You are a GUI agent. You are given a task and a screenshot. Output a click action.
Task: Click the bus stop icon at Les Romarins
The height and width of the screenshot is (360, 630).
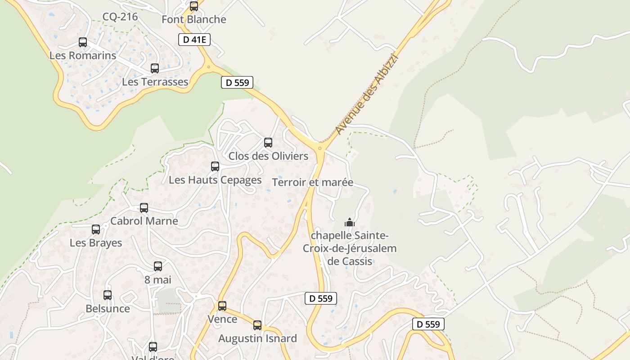(83, 42)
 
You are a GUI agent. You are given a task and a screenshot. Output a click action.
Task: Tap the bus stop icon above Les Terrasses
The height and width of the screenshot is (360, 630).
(155, 68)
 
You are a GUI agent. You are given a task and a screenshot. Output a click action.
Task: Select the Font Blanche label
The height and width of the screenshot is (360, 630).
(193, 20)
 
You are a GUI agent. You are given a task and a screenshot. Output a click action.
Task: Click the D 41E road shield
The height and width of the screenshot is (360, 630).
(194, 40)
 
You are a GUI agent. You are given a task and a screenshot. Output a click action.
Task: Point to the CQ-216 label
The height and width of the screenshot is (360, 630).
(120, 17)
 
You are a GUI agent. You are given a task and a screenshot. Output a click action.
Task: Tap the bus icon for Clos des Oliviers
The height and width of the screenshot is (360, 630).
(268, 143)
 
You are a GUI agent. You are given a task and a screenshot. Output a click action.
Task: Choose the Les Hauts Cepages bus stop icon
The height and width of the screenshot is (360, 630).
(215, 166)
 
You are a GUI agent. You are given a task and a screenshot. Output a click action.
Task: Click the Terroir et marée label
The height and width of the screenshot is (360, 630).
(313, 183)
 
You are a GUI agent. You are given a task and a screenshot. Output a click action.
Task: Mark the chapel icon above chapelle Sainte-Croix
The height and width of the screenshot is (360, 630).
(349, 222)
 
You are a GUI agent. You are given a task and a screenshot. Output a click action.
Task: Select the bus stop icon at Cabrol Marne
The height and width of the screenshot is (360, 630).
(144, 208)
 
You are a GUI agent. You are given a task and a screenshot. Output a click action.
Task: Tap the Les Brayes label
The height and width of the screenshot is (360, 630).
(96, 243)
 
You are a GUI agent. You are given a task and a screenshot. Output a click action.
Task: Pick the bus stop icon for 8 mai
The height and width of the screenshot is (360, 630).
(158, 266)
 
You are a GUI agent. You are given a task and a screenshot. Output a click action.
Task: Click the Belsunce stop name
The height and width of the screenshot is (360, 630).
(108, 309)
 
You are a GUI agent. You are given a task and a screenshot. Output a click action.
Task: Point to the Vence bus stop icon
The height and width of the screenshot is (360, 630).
(222, 306)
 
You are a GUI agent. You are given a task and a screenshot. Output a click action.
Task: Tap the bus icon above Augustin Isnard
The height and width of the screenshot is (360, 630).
(257, 325)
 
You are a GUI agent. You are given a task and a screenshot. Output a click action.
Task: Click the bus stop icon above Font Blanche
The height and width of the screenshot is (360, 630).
(194, 6)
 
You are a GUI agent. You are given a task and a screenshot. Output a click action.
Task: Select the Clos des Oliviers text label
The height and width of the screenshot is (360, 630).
(268, 156)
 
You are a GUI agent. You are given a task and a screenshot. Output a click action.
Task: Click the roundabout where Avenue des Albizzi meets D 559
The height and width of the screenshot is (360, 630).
(320, 148)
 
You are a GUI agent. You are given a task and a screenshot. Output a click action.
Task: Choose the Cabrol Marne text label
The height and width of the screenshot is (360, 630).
(144, 221)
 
